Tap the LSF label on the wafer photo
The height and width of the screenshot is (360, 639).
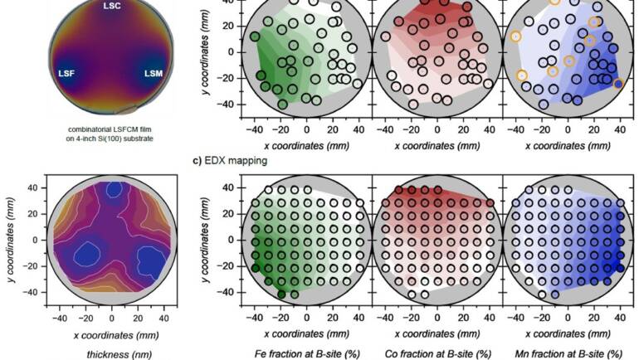coord(67,74)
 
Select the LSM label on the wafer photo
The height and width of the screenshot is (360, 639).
coord(153,74)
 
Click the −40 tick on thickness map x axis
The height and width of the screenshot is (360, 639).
coord(60,318)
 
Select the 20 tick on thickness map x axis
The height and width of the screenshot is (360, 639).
coord(138,318)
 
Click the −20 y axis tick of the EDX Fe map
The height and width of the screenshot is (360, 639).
coord(230,266)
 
